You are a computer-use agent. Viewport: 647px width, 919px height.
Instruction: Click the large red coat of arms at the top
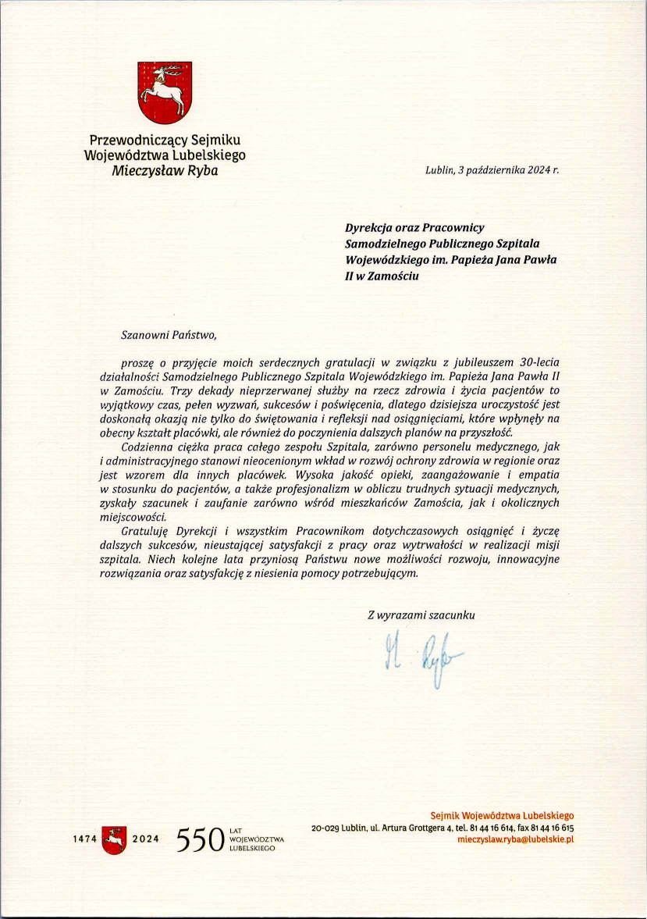(x=164, y=94)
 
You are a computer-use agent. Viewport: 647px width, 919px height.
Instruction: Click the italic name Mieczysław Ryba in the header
(x=164, y=170)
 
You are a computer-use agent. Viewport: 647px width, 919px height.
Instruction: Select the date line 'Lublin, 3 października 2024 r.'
(x=492, y=169)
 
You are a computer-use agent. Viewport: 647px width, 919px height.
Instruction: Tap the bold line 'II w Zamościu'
(x=376, y=276)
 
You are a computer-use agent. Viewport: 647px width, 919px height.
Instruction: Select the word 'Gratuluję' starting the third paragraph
(x=146, y=531)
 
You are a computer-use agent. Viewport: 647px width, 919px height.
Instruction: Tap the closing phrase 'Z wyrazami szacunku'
(x=421, y=614)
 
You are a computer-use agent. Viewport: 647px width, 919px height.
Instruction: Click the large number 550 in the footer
(x=201, y=840)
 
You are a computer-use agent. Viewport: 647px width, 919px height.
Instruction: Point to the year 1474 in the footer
(x=84, y=839)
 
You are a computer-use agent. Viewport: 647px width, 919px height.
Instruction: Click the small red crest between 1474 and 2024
(x=114, y=839)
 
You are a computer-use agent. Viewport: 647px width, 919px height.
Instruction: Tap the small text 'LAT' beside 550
(x=235, y=831)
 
